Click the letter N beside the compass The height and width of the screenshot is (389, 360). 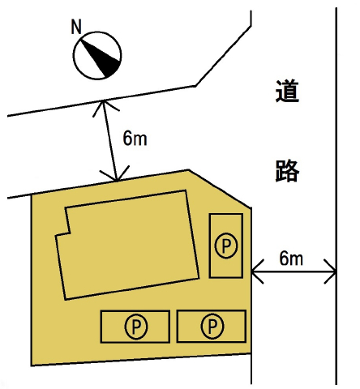[x=76, y=27]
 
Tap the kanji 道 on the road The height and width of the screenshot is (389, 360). [x=287, y=91]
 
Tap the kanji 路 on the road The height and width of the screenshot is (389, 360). [x=287, y=170]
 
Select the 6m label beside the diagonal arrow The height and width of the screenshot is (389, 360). [x=135, y=138]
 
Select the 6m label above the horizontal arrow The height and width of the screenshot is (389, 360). [x=291, y=259]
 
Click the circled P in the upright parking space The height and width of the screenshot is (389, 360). [x=226, y=246]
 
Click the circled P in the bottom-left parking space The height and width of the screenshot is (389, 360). [x=136, y=327]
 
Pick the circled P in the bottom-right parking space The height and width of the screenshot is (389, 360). [x=212, y=326]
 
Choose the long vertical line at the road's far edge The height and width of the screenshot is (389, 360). [x=336, y=196]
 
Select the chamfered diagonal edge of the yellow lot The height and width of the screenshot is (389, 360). [x=220, y=189]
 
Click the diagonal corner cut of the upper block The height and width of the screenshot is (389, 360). [x=223, y=56]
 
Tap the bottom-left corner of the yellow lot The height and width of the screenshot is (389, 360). [x=32, y=365]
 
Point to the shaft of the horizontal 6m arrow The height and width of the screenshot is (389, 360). [x=294, y=271]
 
